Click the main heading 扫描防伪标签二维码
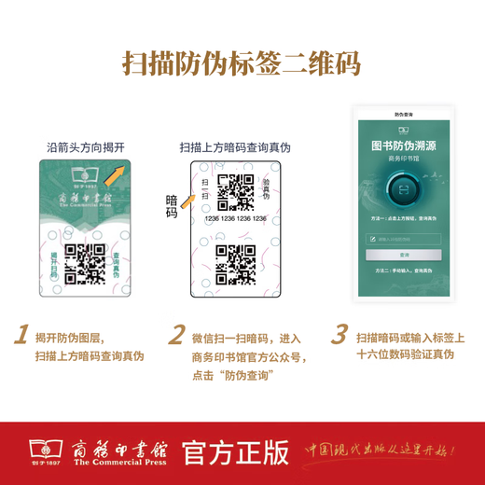point(242,63)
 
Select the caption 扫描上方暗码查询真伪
point(236,146)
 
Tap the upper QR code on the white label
point(234,193)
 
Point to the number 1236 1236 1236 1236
point(236,218)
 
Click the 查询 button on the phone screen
point(404,254)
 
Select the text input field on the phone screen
point(404,239)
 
